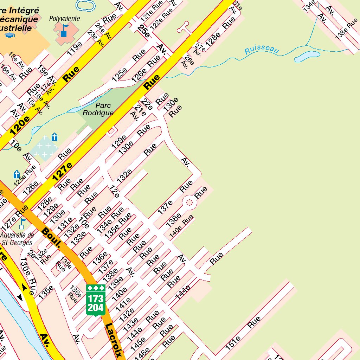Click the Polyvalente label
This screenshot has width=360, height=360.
pyautogui.click(x=64, y=19)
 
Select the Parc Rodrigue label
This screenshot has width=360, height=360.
pyautogui.click(x=98, y=109)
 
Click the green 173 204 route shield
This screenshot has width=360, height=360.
pyautogui.click(x=96, y=300)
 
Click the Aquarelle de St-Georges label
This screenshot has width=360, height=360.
pyautogui.click(x=17, y=239)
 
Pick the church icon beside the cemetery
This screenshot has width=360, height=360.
pyautogui.click(x=54, y=136)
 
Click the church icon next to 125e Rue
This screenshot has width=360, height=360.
pyautogui.click(x=17, y=174)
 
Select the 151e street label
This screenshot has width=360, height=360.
pyautogui.click(x=233, y=343)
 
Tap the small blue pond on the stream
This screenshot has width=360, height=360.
pyautogui.click(x=307, y=56)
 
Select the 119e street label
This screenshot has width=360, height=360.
pyautogui.click(x=74, y=49)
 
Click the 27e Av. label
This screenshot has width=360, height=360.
pyautogui.click(x=199, y=49)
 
